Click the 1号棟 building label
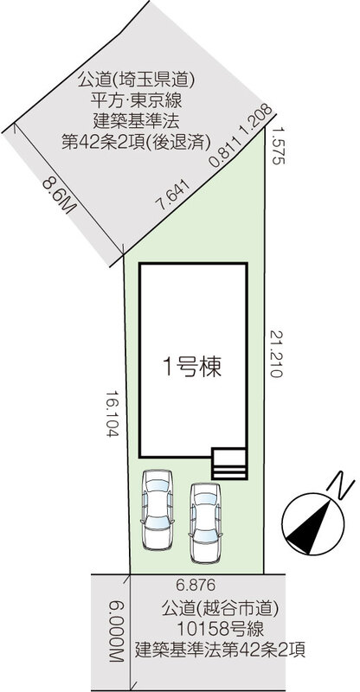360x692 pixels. (192, 367)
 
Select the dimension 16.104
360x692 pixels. (113, 413)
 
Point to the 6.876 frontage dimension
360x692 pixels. (196, 586)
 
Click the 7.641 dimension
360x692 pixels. (174, 195)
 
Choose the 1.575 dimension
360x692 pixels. (278, 145)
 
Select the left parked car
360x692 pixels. (157, 509)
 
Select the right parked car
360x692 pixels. (205, 522)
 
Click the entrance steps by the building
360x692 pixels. (228, 464)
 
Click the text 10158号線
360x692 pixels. (221, 629)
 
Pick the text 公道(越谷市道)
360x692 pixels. (221, 610)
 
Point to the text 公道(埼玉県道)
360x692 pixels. (136, 81)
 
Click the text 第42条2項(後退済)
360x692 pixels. (136, 142)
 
